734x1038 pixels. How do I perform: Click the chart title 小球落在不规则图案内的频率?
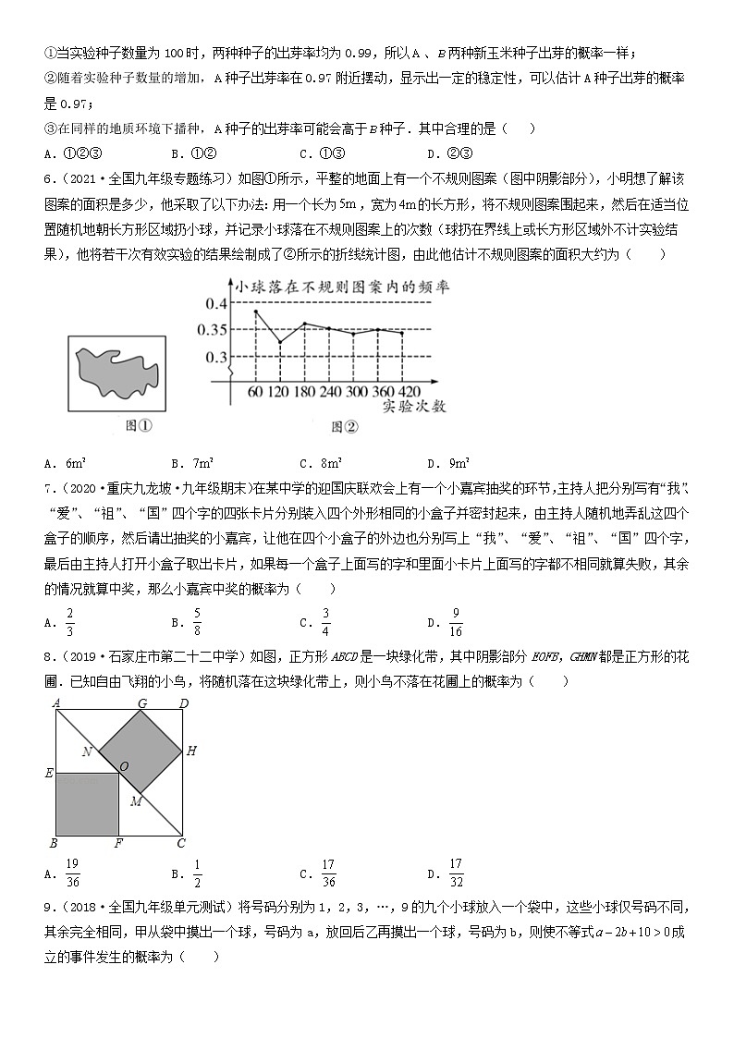[x=342, y=287]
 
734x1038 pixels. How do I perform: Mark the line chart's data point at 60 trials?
[x=255, y=311]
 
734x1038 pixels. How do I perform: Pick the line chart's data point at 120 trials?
[x=280, y=343]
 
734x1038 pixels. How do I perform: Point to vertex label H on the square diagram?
[x=191, y=751]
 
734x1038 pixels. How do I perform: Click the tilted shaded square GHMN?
[x=143, y=751]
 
